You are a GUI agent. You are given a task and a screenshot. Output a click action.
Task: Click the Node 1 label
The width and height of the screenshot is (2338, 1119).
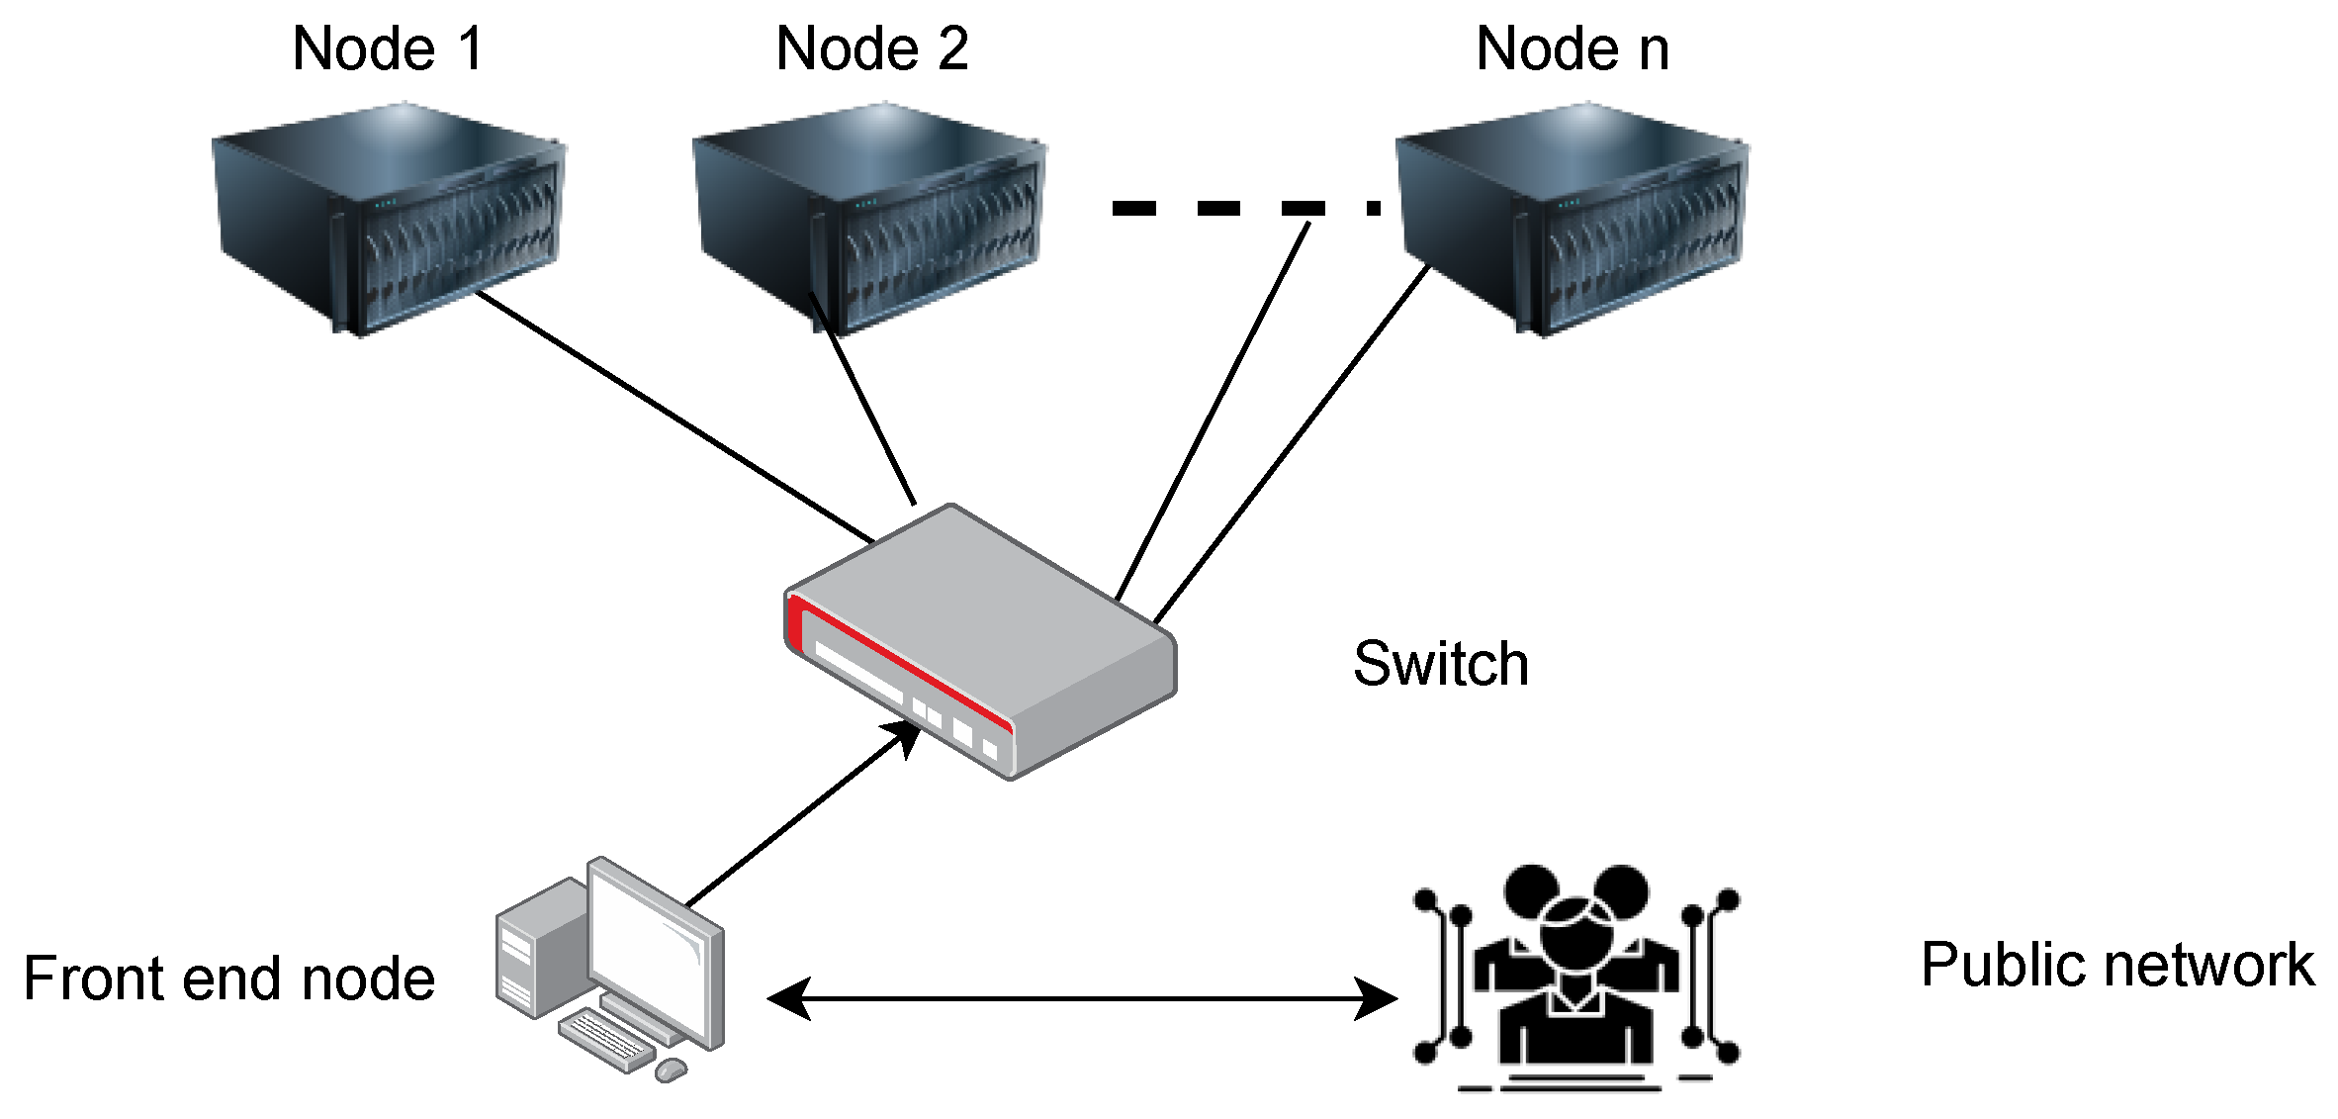click(x=388, y=48)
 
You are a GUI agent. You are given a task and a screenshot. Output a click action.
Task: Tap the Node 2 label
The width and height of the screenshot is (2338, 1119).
click(x=871, y=48)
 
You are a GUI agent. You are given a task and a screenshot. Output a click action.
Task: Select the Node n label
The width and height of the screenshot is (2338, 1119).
click(x=1572, y=48)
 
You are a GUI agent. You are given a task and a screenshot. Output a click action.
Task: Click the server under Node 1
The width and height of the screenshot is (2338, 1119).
click(x=388, y=218)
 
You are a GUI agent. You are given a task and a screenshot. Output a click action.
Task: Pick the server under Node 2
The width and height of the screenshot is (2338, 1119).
click(x=870, y=218)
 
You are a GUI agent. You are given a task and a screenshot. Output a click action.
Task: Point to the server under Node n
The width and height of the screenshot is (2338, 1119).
click(x=1573, y=218)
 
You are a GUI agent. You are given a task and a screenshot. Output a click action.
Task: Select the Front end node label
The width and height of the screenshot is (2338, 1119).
click(x=228, y=979)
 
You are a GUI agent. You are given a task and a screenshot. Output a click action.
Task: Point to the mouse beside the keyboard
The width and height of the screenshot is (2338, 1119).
click(x=672, y=1070)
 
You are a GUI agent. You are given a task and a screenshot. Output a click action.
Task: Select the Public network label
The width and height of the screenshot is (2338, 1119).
click(x=2116, y=965)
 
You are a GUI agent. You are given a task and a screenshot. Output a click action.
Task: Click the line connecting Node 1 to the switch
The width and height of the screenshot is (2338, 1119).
click(x=673, y=416)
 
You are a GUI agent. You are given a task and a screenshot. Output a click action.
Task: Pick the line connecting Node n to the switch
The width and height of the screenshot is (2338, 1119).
click(x=1291, y=445)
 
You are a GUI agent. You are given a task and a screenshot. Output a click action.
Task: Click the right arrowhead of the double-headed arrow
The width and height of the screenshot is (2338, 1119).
click(x=1377, y=999)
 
